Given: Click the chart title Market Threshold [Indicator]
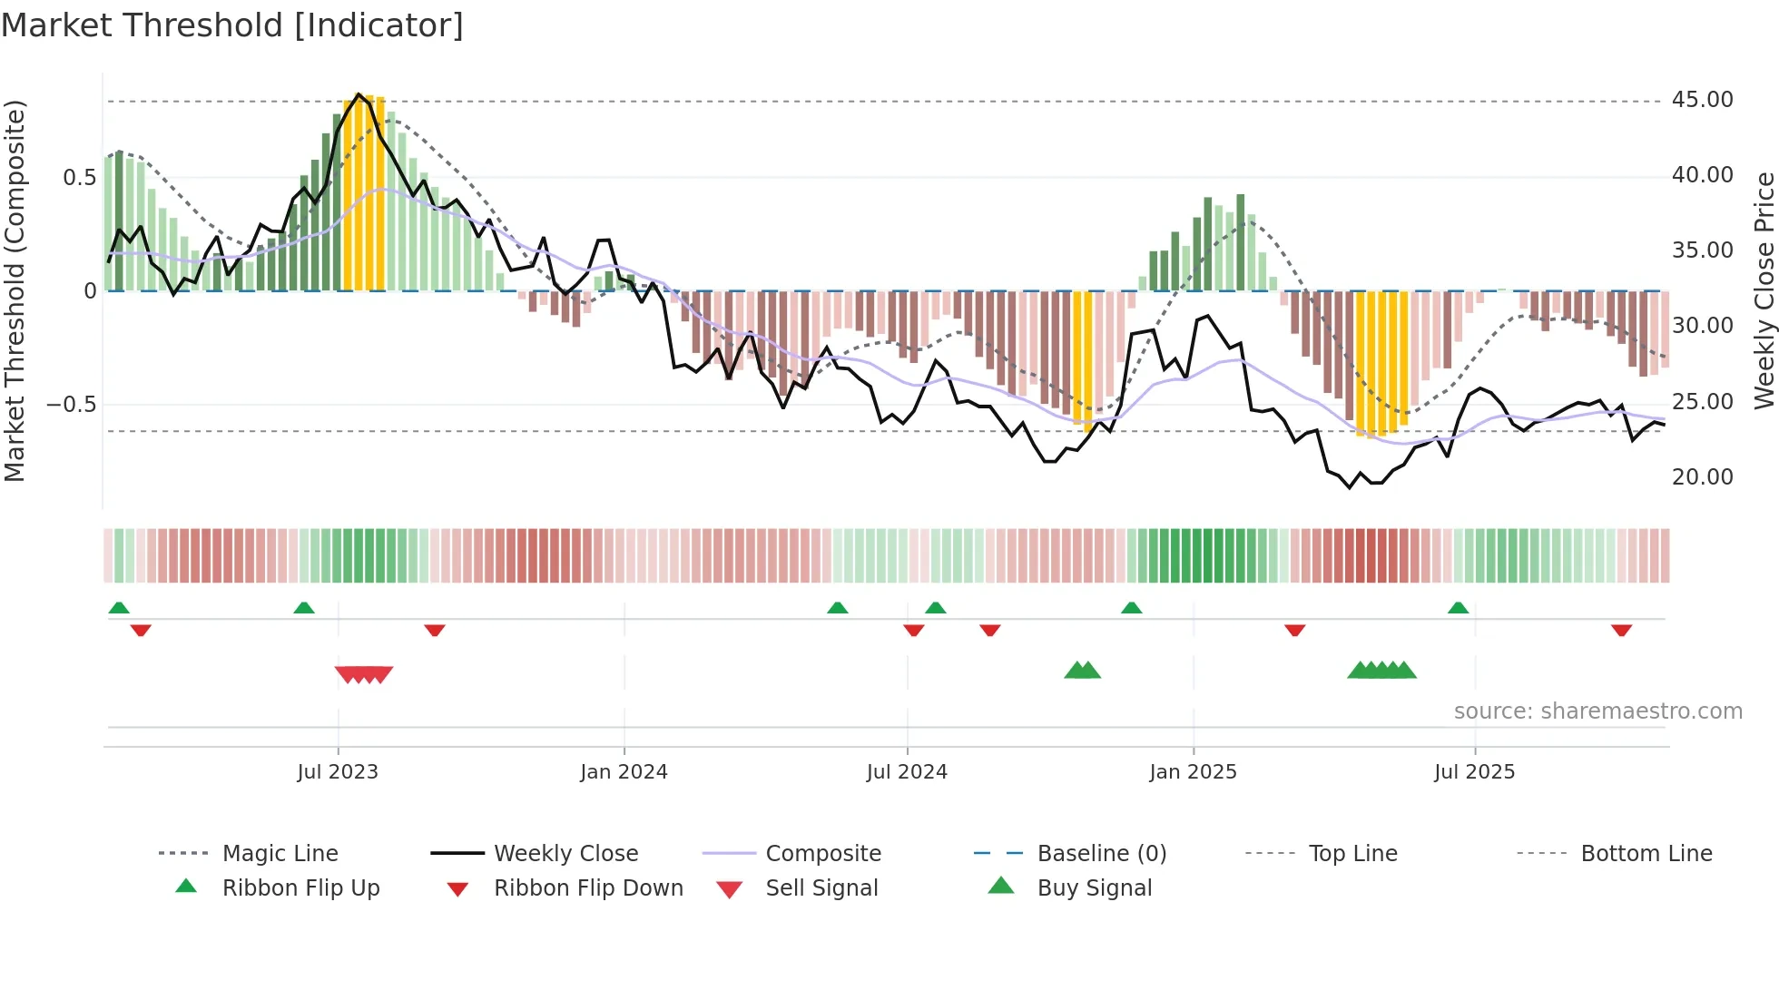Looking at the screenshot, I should (232, 25).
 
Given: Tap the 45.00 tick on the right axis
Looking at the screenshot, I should (1702, 100).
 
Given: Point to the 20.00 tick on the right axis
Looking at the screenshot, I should (1702, 477).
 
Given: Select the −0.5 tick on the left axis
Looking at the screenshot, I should (72, 405).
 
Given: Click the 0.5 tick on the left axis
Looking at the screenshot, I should (79, 178).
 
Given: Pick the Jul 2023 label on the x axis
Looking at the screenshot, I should (338, 772).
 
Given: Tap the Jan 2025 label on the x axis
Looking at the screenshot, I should (1193, 772).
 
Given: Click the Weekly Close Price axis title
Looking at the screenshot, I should (1764, 290).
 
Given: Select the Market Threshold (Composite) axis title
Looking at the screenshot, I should (15, 290).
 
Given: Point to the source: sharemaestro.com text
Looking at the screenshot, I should (1597, 711).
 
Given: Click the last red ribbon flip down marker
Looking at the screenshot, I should (1621, 630).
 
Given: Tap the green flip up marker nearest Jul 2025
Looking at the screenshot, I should (1458, 608).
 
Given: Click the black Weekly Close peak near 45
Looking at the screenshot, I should (359, 94).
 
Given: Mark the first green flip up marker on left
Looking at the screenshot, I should (119, 608).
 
